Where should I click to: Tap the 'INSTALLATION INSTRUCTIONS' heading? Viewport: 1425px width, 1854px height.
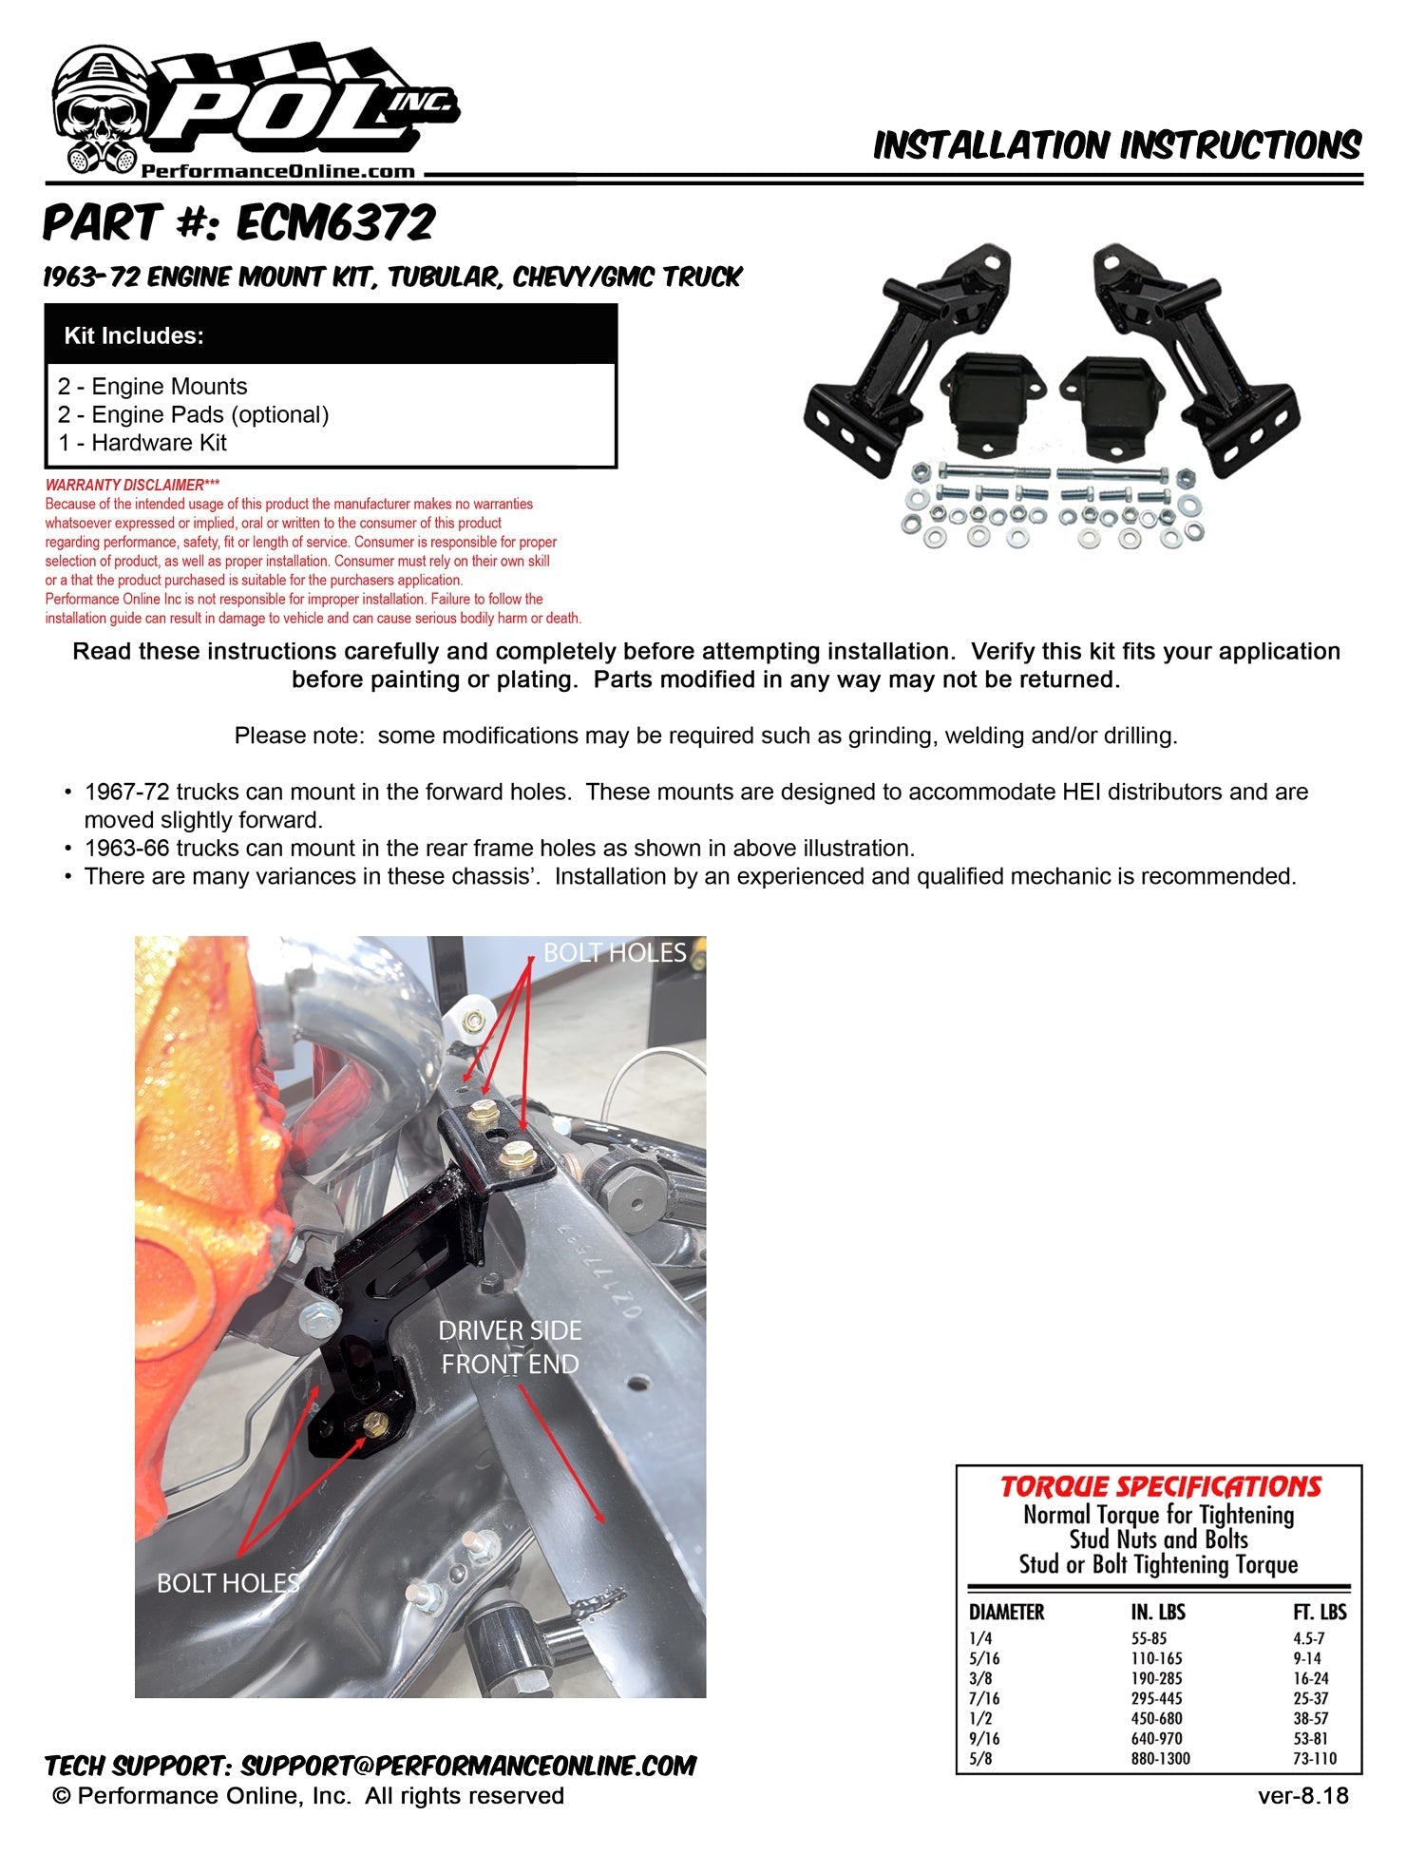coord(1117,145)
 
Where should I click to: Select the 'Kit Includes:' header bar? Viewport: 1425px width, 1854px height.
coord(331,335)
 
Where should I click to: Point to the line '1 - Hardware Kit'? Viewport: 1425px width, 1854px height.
coord(142,443)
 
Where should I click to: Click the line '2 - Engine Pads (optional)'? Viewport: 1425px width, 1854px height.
coord(193,414)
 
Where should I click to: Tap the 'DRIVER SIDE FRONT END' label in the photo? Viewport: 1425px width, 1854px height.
coord(510,1347)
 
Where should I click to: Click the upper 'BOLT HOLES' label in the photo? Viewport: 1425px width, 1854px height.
coord(615,953)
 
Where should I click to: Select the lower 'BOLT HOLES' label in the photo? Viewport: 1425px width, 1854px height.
coord(228,1583)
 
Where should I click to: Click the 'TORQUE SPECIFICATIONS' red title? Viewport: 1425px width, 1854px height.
coord(1160,1487)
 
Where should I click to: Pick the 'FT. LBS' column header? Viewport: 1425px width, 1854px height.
coord(1319,1613)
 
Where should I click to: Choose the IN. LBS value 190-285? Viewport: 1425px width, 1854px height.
coord(1156,1678)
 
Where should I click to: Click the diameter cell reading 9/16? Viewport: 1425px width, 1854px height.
coord(984,1738)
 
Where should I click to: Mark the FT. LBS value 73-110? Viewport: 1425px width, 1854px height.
coord(1314,1758)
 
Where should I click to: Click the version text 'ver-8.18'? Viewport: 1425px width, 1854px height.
coord(1302,1795)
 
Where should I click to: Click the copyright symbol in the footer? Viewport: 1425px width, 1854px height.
coord(63,1796)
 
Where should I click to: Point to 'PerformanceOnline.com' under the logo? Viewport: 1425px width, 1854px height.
coord(278,172)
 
